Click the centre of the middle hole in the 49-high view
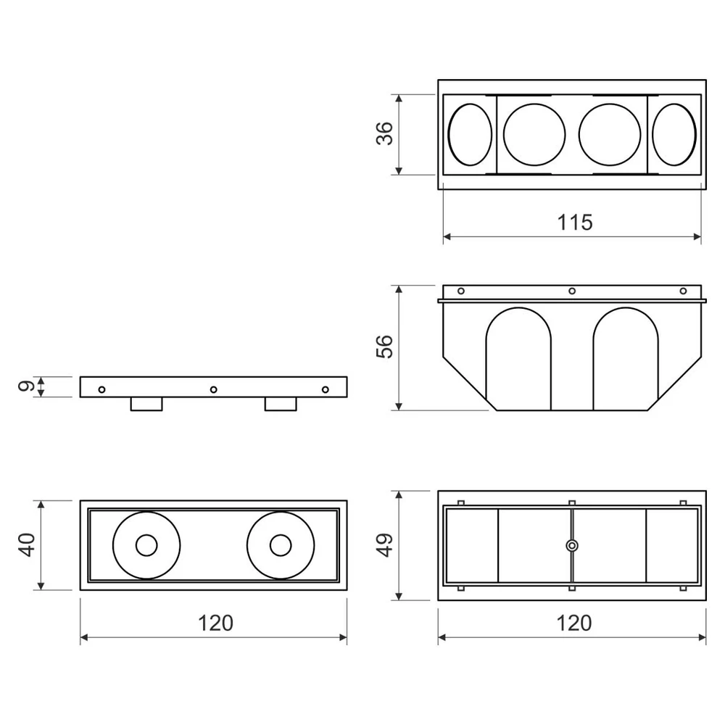tap(572, 546)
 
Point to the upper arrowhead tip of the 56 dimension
tap(399, 286)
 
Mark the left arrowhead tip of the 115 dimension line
tap(444, 237)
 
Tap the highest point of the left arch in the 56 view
tap(518, 308)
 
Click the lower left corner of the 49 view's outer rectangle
tap(438, 600)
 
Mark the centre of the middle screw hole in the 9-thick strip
tap(213, 390)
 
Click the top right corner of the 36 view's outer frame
tap(706, 80)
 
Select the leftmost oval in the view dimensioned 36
tap(471, 135)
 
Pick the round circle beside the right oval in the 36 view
tap(610, 135)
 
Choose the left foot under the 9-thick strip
tap(146, 404)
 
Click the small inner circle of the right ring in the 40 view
tap(280, 546)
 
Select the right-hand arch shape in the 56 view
tap(626, 359)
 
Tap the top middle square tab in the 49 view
tap(572, 503)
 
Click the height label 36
tap(385, 133)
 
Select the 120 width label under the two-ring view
tap(215, 623)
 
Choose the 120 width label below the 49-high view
tap(573, 623)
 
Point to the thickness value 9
tap(26, 386)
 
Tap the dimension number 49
tap(385, 544)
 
